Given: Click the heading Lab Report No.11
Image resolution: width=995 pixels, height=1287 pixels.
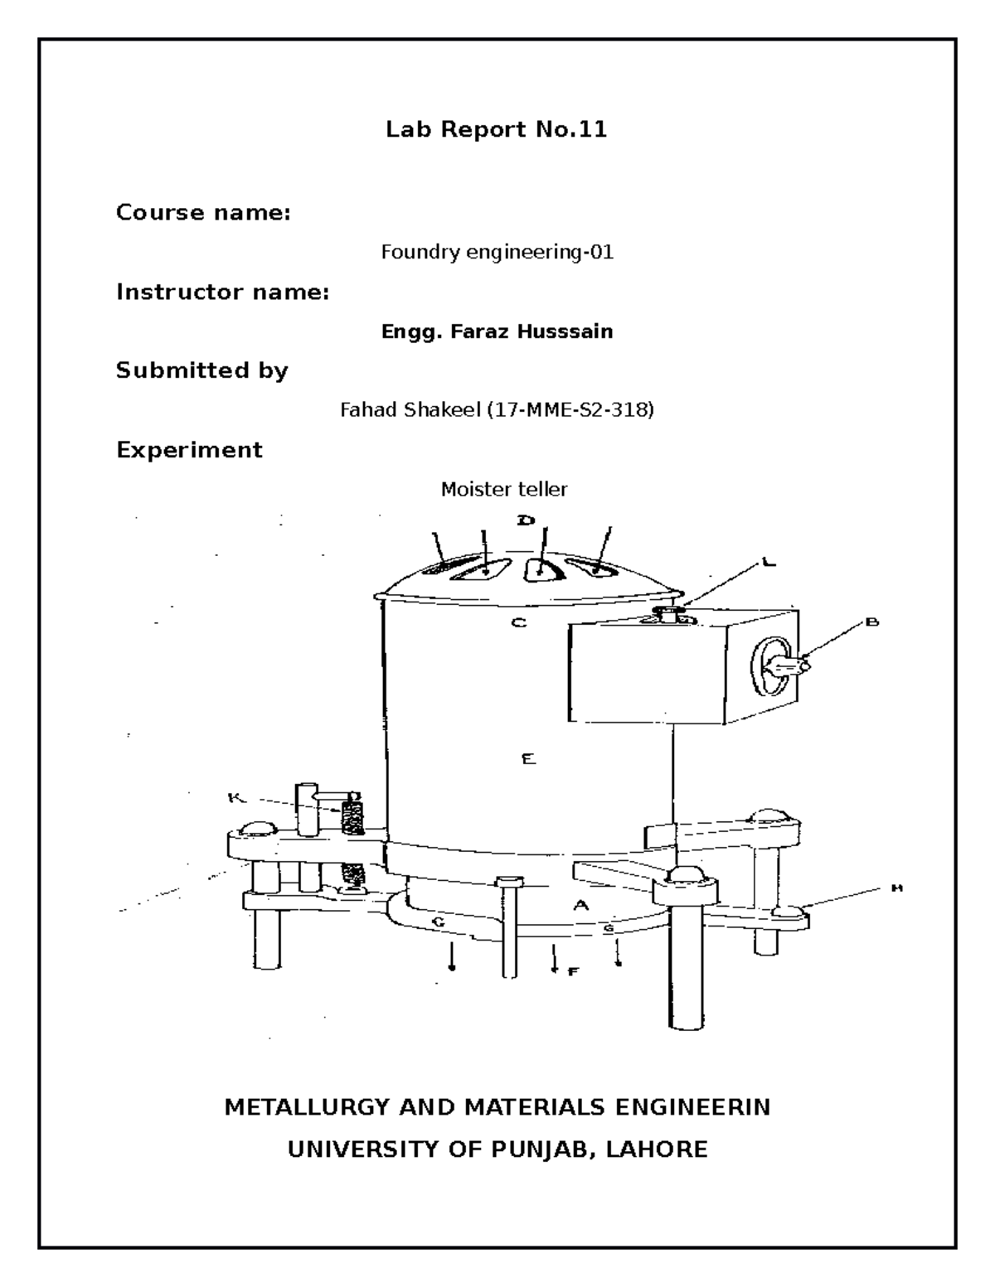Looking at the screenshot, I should [x=496, y=129].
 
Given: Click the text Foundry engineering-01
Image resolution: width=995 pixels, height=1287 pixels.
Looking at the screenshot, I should [x=497, y=252].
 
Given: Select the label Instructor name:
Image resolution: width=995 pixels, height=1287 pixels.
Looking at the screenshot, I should [x=222, y=292].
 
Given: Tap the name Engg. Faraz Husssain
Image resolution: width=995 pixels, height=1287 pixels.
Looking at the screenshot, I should [x=497, y=331].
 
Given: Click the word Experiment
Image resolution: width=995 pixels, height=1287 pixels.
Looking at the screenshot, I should [x=189, y=450].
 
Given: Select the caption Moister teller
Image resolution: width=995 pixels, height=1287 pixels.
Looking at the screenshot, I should [x=503, y=490].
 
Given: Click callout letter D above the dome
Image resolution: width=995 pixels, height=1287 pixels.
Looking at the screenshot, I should [x=526, y=520].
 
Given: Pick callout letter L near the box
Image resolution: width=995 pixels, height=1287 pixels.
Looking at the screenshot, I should [x=769, y=563].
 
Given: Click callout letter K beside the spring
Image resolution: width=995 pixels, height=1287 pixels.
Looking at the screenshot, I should [x=235, y=798].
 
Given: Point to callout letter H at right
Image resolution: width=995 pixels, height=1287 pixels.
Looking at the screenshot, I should [x=895, y=888].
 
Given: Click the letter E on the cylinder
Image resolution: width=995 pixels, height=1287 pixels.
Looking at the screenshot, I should [x=528, y=758].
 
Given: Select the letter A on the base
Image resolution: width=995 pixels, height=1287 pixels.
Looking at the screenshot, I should [x=581, y=906].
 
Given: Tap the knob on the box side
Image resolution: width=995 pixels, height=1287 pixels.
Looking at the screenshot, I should [x=779, y=665].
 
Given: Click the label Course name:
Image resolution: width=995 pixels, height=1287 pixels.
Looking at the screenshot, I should [x=203, y=213].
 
